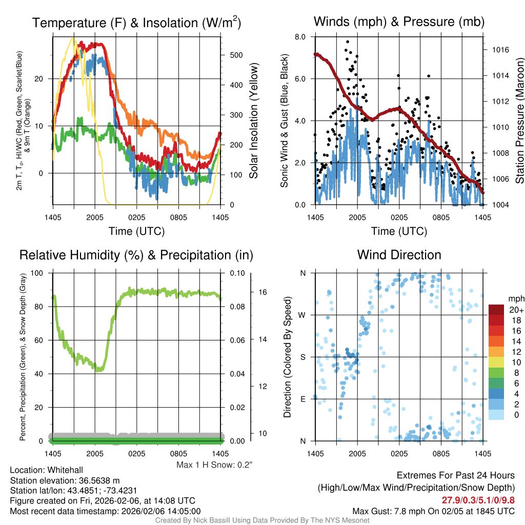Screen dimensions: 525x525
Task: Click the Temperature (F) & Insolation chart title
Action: tap(137, 23)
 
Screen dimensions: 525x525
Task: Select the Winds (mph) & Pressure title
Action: tap(399, 22)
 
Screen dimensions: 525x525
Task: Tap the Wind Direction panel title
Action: tap(399, 255)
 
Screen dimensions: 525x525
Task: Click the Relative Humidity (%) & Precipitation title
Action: tap(136, 255)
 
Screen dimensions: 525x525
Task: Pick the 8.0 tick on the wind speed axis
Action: tap(300, 37)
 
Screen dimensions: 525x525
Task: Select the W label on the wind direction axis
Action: tap(302, 315)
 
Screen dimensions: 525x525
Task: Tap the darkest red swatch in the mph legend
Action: tap(497, 310)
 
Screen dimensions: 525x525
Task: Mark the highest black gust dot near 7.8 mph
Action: tap(348, 42)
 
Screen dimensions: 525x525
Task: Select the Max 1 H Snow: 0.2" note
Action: tap(215, 465)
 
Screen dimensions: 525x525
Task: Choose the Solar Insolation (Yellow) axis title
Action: tap(253, 121)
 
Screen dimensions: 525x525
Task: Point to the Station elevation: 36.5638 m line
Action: tap(65, 480)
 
